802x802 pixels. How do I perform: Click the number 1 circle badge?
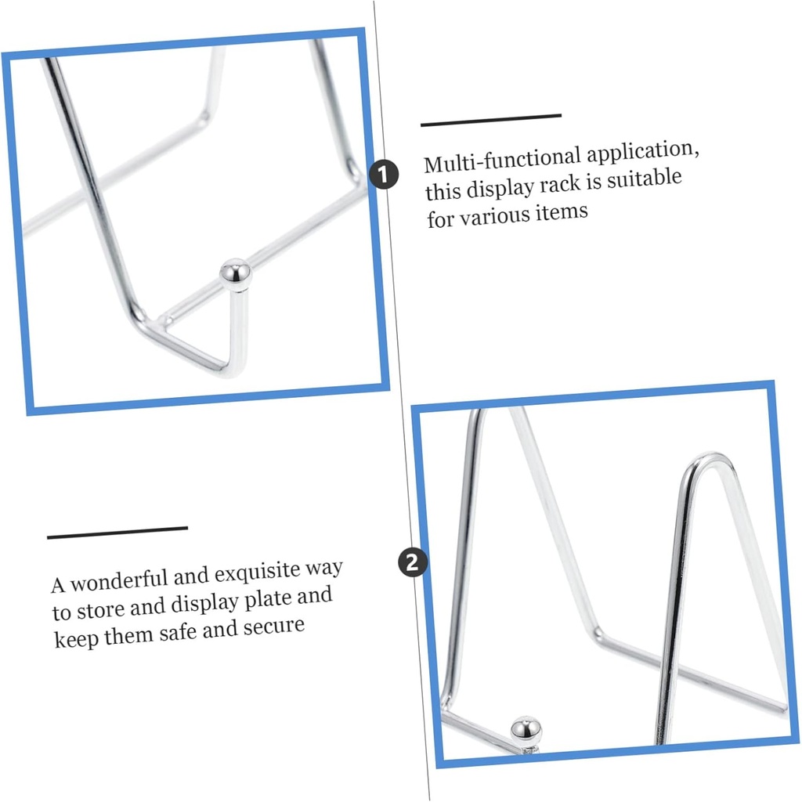(x=384, y=175)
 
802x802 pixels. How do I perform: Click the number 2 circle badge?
(x=413, y=562)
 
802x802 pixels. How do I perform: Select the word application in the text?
(x=643, y=152)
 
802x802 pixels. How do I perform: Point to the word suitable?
(x=645, y=179)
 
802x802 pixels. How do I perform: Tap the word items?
(x=562, y=212)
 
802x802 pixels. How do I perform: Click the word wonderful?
(x=119, y=581)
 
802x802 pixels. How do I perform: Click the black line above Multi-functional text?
(x=491, y=120)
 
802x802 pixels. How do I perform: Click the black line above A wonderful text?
(x=117, y=533)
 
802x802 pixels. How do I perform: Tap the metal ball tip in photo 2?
(x=526, y=731)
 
